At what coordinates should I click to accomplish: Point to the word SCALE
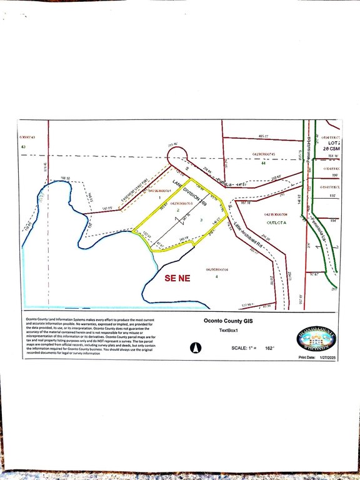239,347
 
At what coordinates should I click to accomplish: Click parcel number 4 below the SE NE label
217,276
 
